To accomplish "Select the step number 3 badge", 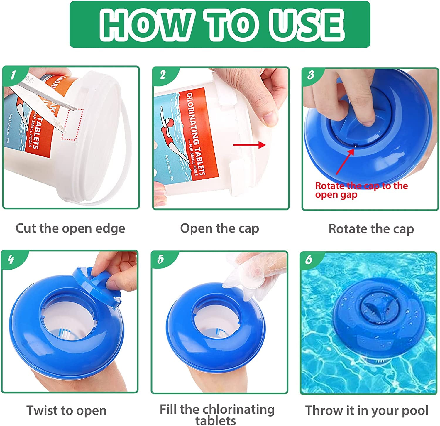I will (311, 75).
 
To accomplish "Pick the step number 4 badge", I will (11, 260).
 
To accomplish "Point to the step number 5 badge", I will (160, 260).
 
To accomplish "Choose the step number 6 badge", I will (309, 260).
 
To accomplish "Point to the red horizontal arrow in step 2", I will (249, 145).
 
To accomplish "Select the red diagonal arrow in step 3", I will (345, 161).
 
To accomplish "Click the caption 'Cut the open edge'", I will (70, 229).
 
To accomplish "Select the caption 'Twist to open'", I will (66, 410).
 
